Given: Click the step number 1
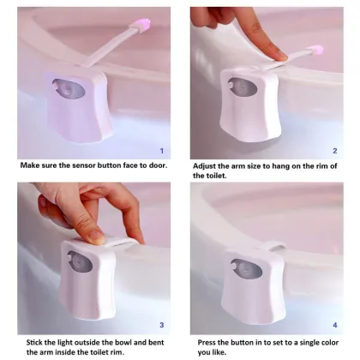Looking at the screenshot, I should click(162, 151).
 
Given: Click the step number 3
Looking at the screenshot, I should click(162, 325).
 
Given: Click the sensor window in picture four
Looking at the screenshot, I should click(242, 267).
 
